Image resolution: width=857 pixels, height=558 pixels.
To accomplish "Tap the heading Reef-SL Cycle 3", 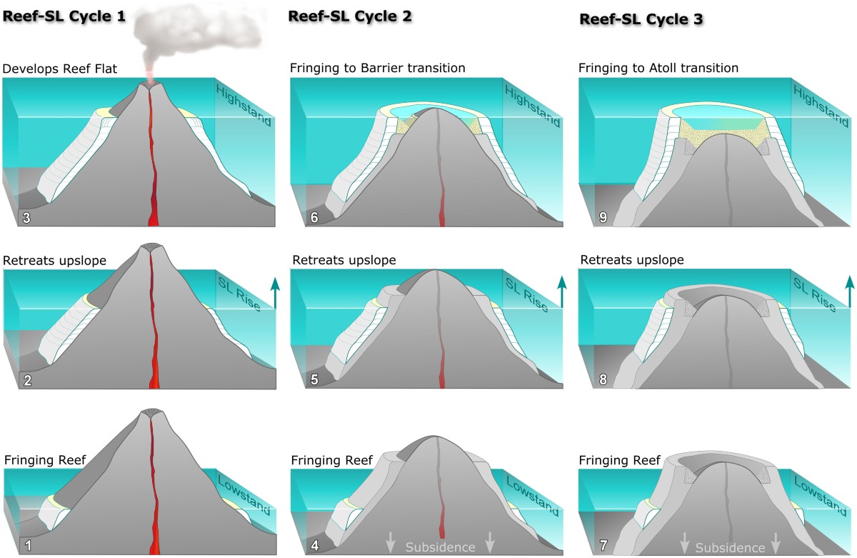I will tap(641, 19).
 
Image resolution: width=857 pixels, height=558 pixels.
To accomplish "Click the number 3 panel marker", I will tap(26, 217).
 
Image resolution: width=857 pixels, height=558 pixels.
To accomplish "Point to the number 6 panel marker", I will tap(314, 217).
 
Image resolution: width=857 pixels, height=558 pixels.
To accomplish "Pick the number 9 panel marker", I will tap(603, 217).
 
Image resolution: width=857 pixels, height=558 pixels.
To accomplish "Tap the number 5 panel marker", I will tap(314, 380).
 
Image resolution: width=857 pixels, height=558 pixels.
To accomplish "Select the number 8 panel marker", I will tap(603, 380).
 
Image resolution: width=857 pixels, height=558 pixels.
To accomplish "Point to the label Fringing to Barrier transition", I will tap(378, 69).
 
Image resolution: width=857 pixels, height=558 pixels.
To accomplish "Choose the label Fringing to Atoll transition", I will tap(658, 69).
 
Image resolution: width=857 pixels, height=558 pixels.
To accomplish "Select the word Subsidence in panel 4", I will tap(440, 547).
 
